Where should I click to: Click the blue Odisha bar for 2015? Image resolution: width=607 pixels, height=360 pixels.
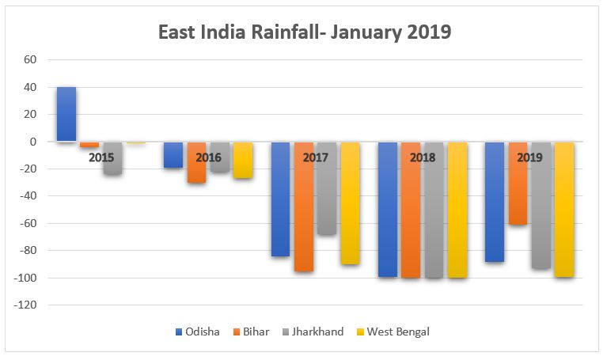[x=66, y=114]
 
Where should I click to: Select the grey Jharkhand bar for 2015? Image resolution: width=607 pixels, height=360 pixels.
[x=112, y=158]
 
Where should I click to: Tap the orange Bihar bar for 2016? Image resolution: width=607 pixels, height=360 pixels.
[x=196, y=162]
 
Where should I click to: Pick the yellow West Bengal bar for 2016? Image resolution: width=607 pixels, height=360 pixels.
[x=243, y=160]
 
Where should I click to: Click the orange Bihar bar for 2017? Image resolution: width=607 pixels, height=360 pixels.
[x=304, y=207]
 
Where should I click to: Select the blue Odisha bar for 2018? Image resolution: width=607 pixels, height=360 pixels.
[x=388, y=209]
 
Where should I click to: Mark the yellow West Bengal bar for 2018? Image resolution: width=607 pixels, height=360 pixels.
[x=457, y=210]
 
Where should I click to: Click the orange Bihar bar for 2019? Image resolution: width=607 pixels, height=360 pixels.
[x=518, y=184]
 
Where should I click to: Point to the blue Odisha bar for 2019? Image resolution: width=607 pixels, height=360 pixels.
[x=495, y=202]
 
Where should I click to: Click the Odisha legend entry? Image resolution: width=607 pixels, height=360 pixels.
[x=197, y=332]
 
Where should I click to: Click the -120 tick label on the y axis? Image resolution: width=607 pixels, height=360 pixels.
[x=27, y=305]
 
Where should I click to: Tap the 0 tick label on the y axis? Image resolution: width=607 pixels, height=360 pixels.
[x=34, y=142]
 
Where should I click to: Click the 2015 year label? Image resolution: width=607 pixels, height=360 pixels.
[x=101, y=157]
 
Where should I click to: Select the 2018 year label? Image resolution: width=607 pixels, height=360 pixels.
[x=423, y=157]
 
